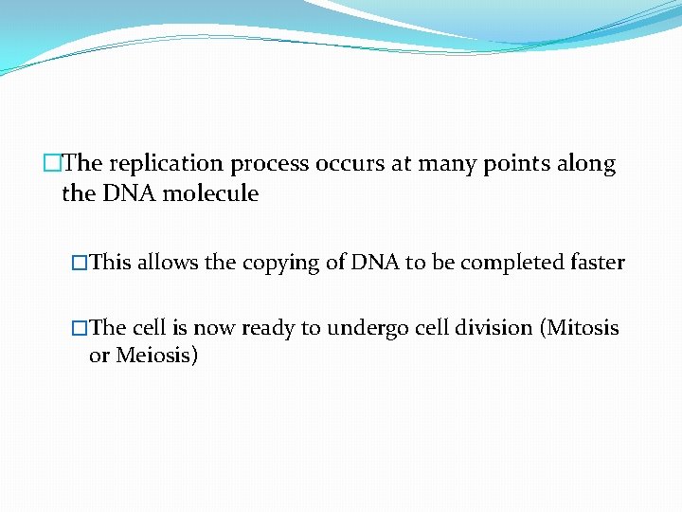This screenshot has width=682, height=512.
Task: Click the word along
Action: point(586,164)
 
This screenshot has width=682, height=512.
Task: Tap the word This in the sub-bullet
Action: point(112,263)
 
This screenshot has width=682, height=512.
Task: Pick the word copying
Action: point(281,263)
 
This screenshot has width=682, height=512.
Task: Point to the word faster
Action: point(595,263)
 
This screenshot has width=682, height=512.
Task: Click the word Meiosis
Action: point(157,357)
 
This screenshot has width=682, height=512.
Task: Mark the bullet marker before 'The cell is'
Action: point(80,329)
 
